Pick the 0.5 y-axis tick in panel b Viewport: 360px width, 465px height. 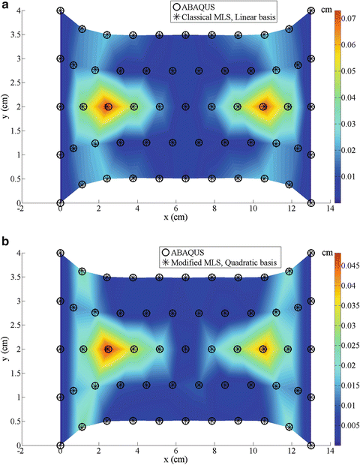12,421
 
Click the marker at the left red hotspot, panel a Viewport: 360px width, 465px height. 108,106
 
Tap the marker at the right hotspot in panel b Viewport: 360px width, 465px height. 263,349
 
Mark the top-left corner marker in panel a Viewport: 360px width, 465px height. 61,11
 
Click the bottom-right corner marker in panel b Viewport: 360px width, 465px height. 310,445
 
